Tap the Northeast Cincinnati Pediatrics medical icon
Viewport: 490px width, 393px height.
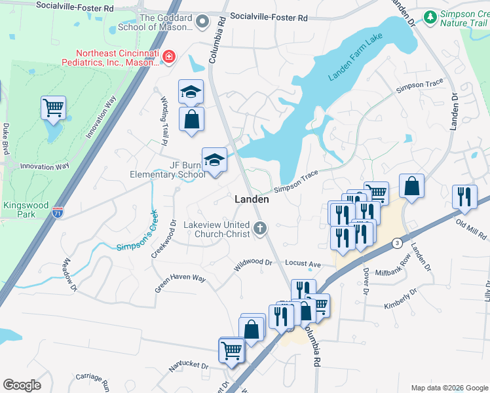(169, 58)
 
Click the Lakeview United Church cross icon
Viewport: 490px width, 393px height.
(260, 229)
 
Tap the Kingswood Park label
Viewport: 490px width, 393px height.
(26, 210)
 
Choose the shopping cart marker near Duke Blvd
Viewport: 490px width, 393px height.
(53, 107)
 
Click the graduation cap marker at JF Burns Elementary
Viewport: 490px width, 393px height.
(214, 160)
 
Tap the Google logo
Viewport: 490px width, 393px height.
(22, 384)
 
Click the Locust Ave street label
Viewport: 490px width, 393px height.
(305, 264)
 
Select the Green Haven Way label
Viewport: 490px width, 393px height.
(180, 283)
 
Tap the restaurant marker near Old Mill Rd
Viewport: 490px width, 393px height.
(464, 196)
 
